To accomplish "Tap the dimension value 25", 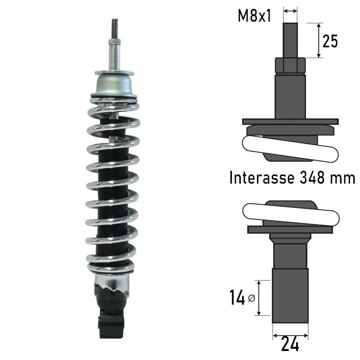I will click(x=330, y=41).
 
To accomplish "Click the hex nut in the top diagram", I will click(x=290, y=66).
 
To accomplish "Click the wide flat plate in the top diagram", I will click(x=290, y=121).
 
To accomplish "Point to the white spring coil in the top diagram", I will click(x=290, y=148).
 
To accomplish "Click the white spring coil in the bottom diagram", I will click(x=290, y=214).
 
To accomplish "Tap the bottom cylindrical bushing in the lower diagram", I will click(x=290, y=295).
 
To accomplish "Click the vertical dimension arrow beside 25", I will click(x=319, y=40).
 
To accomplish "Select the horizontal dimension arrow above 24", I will click(x=290, y=335).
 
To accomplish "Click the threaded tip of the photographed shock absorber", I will click(x=115, y=27).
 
